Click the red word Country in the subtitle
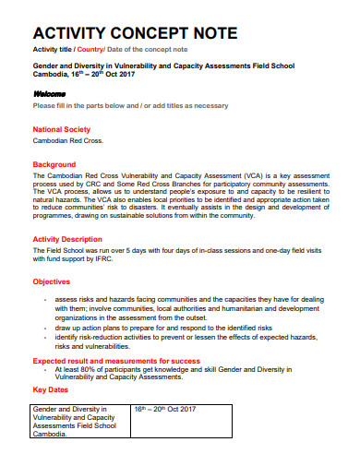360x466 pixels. point(90,48)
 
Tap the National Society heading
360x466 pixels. point(62,129)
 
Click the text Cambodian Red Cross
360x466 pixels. point(68,142)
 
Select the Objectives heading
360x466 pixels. point(52,281)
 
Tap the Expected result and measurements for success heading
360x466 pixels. point(116,360)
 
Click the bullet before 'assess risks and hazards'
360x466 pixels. point(46,300)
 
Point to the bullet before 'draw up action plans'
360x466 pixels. point(46,328)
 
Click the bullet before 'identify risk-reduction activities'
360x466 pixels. point(46,338)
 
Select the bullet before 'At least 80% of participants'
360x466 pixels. point(46,369)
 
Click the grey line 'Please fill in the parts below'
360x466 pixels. point(130,106)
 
